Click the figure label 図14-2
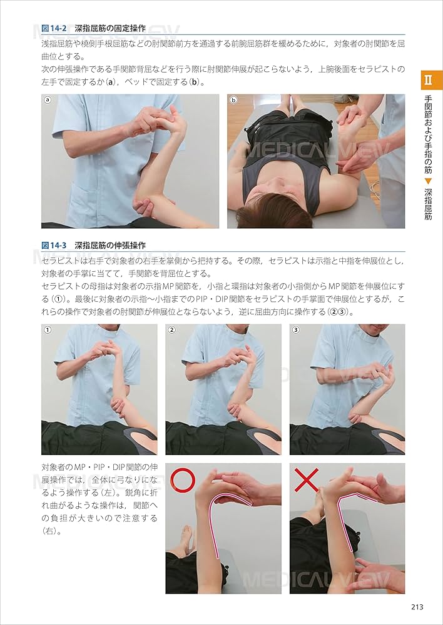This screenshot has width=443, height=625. point(55,28)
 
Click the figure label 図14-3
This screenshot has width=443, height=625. point(55,245)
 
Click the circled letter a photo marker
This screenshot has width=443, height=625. point(47,100)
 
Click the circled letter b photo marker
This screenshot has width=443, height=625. point(233,100)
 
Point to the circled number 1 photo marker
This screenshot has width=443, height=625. point(47,330)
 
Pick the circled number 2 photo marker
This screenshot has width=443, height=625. point(171,330)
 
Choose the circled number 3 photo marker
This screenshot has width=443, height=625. point(296,330)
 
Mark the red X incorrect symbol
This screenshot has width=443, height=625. point(307,480)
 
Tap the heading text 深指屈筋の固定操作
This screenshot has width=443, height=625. point(110,28)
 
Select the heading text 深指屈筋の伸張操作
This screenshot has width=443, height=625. point(110,245)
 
